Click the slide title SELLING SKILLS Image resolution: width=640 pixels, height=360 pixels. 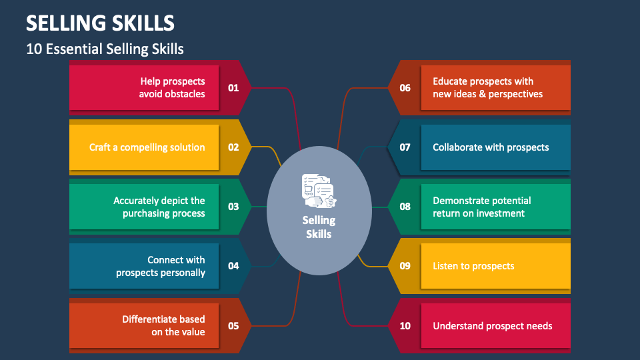(x=100, y=23)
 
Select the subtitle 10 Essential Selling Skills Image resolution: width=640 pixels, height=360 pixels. (x=105, y=49)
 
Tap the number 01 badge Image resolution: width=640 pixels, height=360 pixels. (x=233, y=87)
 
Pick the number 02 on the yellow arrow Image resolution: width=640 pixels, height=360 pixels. (x=233, y=147)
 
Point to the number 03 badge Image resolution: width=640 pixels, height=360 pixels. (x=233, y=207)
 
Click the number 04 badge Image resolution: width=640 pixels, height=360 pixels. (x=233, y=266)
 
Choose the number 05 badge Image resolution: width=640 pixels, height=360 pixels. (x=233, y=326)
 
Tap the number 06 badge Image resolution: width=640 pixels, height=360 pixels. (x=405, y=87)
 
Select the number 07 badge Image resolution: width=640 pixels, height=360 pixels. (x=405, y=147)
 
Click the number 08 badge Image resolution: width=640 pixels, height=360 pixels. (x=405, y=207)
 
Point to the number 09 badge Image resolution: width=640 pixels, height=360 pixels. (x=405, y=266)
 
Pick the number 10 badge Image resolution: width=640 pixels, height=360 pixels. (x=405, y=326)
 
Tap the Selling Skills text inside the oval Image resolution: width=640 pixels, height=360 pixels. (x=319, y=227)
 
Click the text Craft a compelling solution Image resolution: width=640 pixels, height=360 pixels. (x=147, y=147)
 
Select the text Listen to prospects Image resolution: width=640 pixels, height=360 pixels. (x=473, y=266)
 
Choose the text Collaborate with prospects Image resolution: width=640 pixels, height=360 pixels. (x=491, y=147)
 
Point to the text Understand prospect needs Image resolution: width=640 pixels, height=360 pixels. (x=493, y=326)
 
